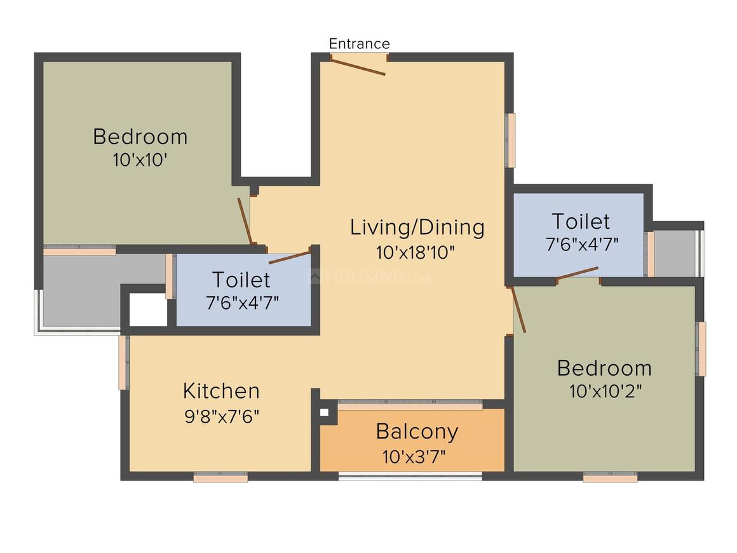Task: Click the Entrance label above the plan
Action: point(359,44)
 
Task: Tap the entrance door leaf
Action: point(358,66)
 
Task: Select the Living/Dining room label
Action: point(417,228)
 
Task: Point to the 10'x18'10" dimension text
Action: point(416,252)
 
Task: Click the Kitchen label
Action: point(221,391)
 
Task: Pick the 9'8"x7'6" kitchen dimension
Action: point(222,416)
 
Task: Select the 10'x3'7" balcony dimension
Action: point(414,456)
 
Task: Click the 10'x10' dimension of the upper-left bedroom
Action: point(140,160)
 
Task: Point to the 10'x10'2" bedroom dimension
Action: point(605,392)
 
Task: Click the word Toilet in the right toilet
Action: point(581,221)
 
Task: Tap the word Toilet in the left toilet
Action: point(241,280)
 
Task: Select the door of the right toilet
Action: point(578,273)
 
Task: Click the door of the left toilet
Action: point(290,257)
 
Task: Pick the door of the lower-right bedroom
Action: point(518,310)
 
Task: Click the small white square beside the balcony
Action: point(324,413)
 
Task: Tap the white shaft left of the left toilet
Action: point(148,310)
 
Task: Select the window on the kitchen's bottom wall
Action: point(220,477)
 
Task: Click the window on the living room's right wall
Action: point(510,140)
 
